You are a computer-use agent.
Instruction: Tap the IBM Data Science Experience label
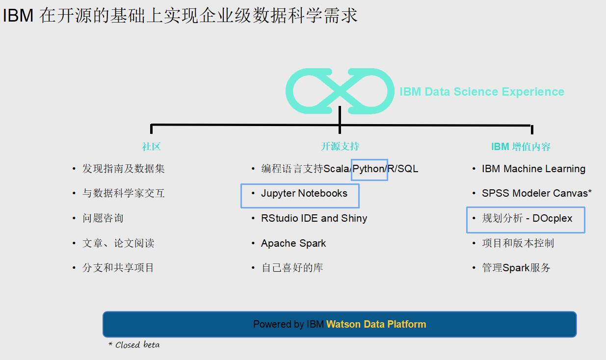[x=482, y=92]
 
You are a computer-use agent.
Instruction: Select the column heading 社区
[x=152, y=146]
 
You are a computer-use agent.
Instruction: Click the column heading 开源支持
[x=340, y=146]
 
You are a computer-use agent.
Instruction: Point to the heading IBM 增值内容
[x=521, y=146]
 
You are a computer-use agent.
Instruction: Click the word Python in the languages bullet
[x=369, y=169]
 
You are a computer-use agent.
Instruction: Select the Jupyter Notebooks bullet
[x=304, y=194]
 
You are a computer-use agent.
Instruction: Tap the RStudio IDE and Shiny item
[x=314, y=218]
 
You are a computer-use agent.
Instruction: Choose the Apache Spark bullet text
[x=293, y=243]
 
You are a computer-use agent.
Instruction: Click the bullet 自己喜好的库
[x=292, y=268]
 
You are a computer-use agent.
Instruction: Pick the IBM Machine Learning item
[x=533, y=169]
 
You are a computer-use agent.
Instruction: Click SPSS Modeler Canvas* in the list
[x=536, y=193]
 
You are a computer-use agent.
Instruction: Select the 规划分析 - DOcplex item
[x=527, y=218]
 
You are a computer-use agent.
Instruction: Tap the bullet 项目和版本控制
[x=518, y=243]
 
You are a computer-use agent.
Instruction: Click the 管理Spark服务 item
[x=516, y=268]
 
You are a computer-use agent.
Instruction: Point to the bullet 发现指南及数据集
[x=123, y=169]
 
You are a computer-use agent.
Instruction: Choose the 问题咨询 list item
[x=103, y=218]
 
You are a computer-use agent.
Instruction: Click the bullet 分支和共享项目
[x=118, y=268]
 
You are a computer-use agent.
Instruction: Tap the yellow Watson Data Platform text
[x=376, y=324]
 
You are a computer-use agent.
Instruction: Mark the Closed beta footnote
[x=134, y=345]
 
